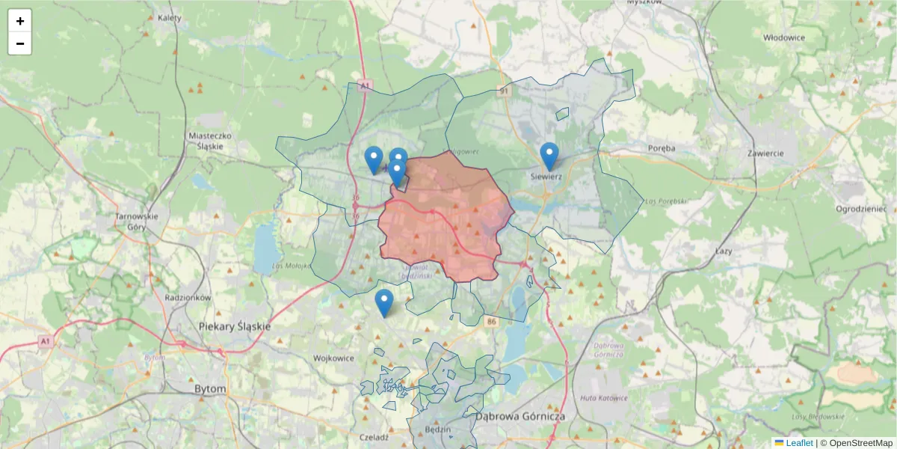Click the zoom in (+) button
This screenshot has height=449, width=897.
20,21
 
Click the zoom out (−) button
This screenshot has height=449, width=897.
20,43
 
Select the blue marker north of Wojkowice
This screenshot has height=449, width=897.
384,303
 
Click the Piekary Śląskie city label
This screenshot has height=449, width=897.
235,327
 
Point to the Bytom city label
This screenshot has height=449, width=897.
209,390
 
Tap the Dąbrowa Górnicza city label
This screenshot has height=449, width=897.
520,416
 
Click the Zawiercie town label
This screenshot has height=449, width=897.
765,153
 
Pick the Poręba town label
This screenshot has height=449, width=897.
662,148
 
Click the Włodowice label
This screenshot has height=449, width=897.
784,37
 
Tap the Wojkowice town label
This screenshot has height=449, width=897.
333,358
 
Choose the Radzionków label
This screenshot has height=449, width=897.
188,297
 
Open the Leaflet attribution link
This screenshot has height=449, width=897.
799,443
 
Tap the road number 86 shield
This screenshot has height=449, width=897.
490,322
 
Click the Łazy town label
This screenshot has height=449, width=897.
723,251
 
